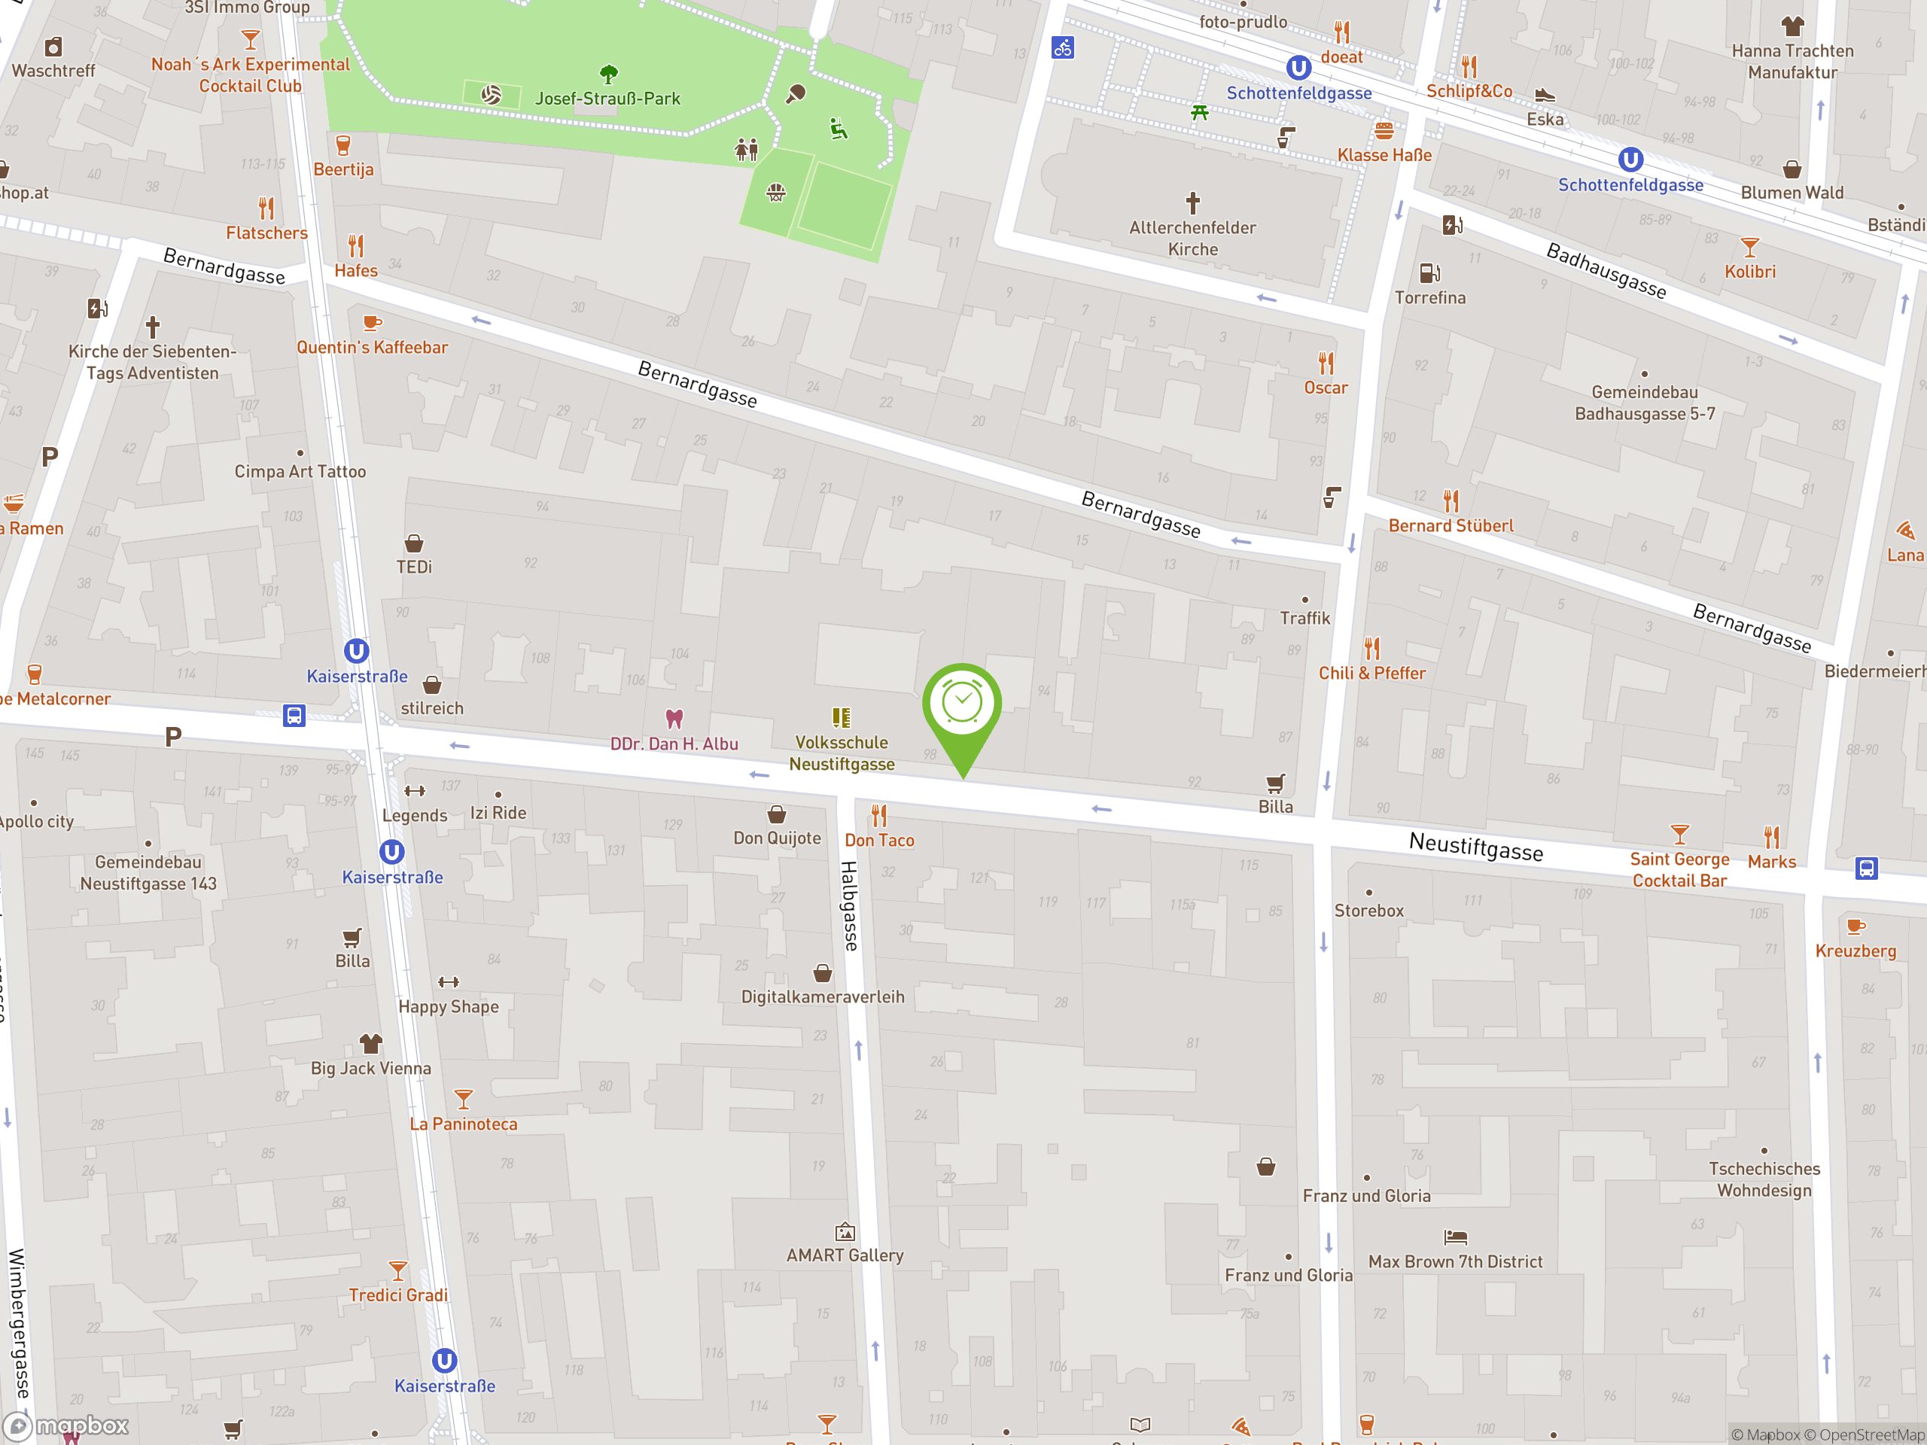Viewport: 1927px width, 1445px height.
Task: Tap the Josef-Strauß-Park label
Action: pos(607,99)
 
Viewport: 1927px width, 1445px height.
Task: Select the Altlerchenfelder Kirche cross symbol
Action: pos(1192,203)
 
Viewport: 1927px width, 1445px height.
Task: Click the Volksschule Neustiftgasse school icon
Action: pos(841,718)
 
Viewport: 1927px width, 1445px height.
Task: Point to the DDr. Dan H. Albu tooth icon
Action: pos(674,719)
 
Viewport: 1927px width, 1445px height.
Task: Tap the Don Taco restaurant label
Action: pos(879,841)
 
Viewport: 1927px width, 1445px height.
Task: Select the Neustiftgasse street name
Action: pos(1476,846)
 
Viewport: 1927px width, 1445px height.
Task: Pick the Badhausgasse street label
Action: pos(1606,271)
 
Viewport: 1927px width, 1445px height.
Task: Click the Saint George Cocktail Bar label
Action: pos(1679,869)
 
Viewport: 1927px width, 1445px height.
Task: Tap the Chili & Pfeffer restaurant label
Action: pos(1371,674)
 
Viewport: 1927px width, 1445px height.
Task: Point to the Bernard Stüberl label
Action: pos(1451,526)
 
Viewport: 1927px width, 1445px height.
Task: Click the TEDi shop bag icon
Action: pos(414,543)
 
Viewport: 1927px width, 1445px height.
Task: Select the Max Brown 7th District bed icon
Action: pos(1455,1237)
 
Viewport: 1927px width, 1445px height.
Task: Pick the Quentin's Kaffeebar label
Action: pos(372,348)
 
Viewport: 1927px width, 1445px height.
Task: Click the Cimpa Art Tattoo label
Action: pos(300,471)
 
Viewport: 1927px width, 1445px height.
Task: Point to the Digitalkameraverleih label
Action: pos(823,996)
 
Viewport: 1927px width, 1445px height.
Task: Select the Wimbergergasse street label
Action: pos(17,1324)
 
